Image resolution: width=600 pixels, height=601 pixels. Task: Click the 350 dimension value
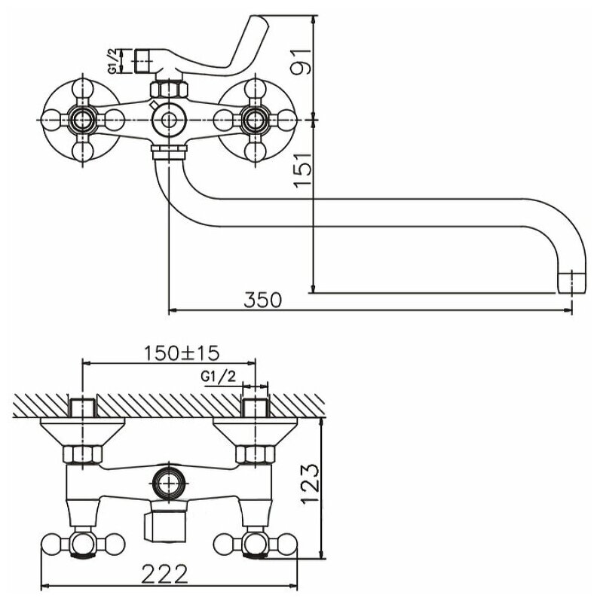pos(263,299)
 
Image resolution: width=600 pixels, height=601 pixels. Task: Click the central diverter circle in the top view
pos(167,120)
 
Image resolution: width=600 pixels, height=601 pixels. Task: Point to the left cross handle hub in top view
pos(81,119)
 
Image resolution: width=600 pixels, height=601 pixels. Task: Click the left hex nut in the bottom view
pos(81,454)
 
